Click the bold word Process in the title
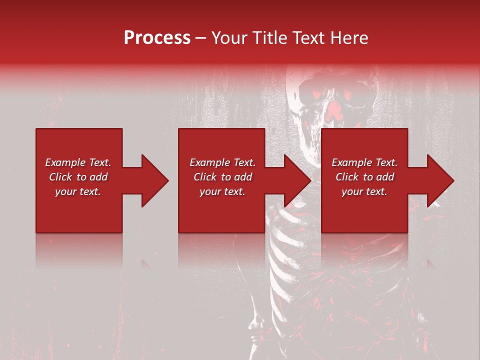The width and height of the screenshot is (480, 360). point(157,38)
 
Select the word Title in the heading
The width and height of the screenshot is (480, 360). point(269,38)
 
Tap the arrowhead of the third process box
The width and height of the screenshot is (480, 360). point(440,180)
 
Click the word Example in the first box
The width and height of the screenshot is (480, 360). point(61,162)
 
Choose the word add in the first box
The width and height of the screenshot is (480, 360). point(98,177)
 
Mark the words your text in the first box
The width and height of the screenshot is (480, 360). point(77,191)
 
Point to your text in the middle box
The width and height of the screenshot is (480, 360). point(222,191)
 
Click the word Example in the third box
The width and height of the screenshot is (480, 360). point(348,162)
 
